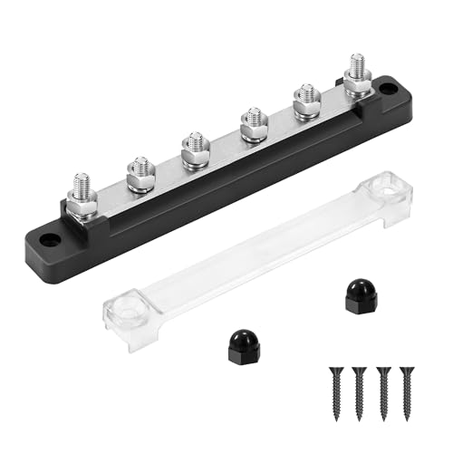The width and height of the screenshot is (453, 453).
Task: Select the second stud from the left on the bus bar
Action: click(139, 172)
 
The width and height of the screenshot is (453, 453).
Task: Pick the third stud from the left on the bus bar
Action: click(193, 147)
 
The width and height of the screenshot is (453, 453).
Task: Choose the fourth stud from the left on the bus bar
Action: click(253, 121)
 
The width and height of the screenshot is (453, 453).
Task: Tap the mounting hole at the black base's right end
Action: click(390, 90)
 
